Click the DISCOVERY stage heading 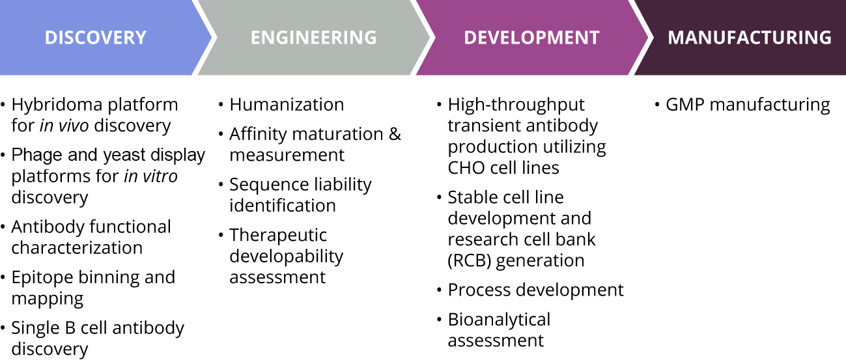tap(95, 38)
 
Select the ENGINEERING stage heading tap(313, 38)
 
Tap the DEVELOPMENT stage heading tap(531, 38)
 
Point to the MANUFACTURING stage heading tap(750, 38)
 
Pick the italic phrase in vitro tap(150, 176)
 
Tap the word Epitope tap(40, 278)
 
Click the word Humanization tap(287, 105)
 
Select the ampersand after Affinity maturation tap(395, 135)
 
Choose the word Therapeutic tap(278, 235)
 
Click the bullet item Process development tap(535, 290)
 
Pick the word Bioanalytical tap(499, 320)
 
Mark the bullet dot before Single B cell tap(4, 329)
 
